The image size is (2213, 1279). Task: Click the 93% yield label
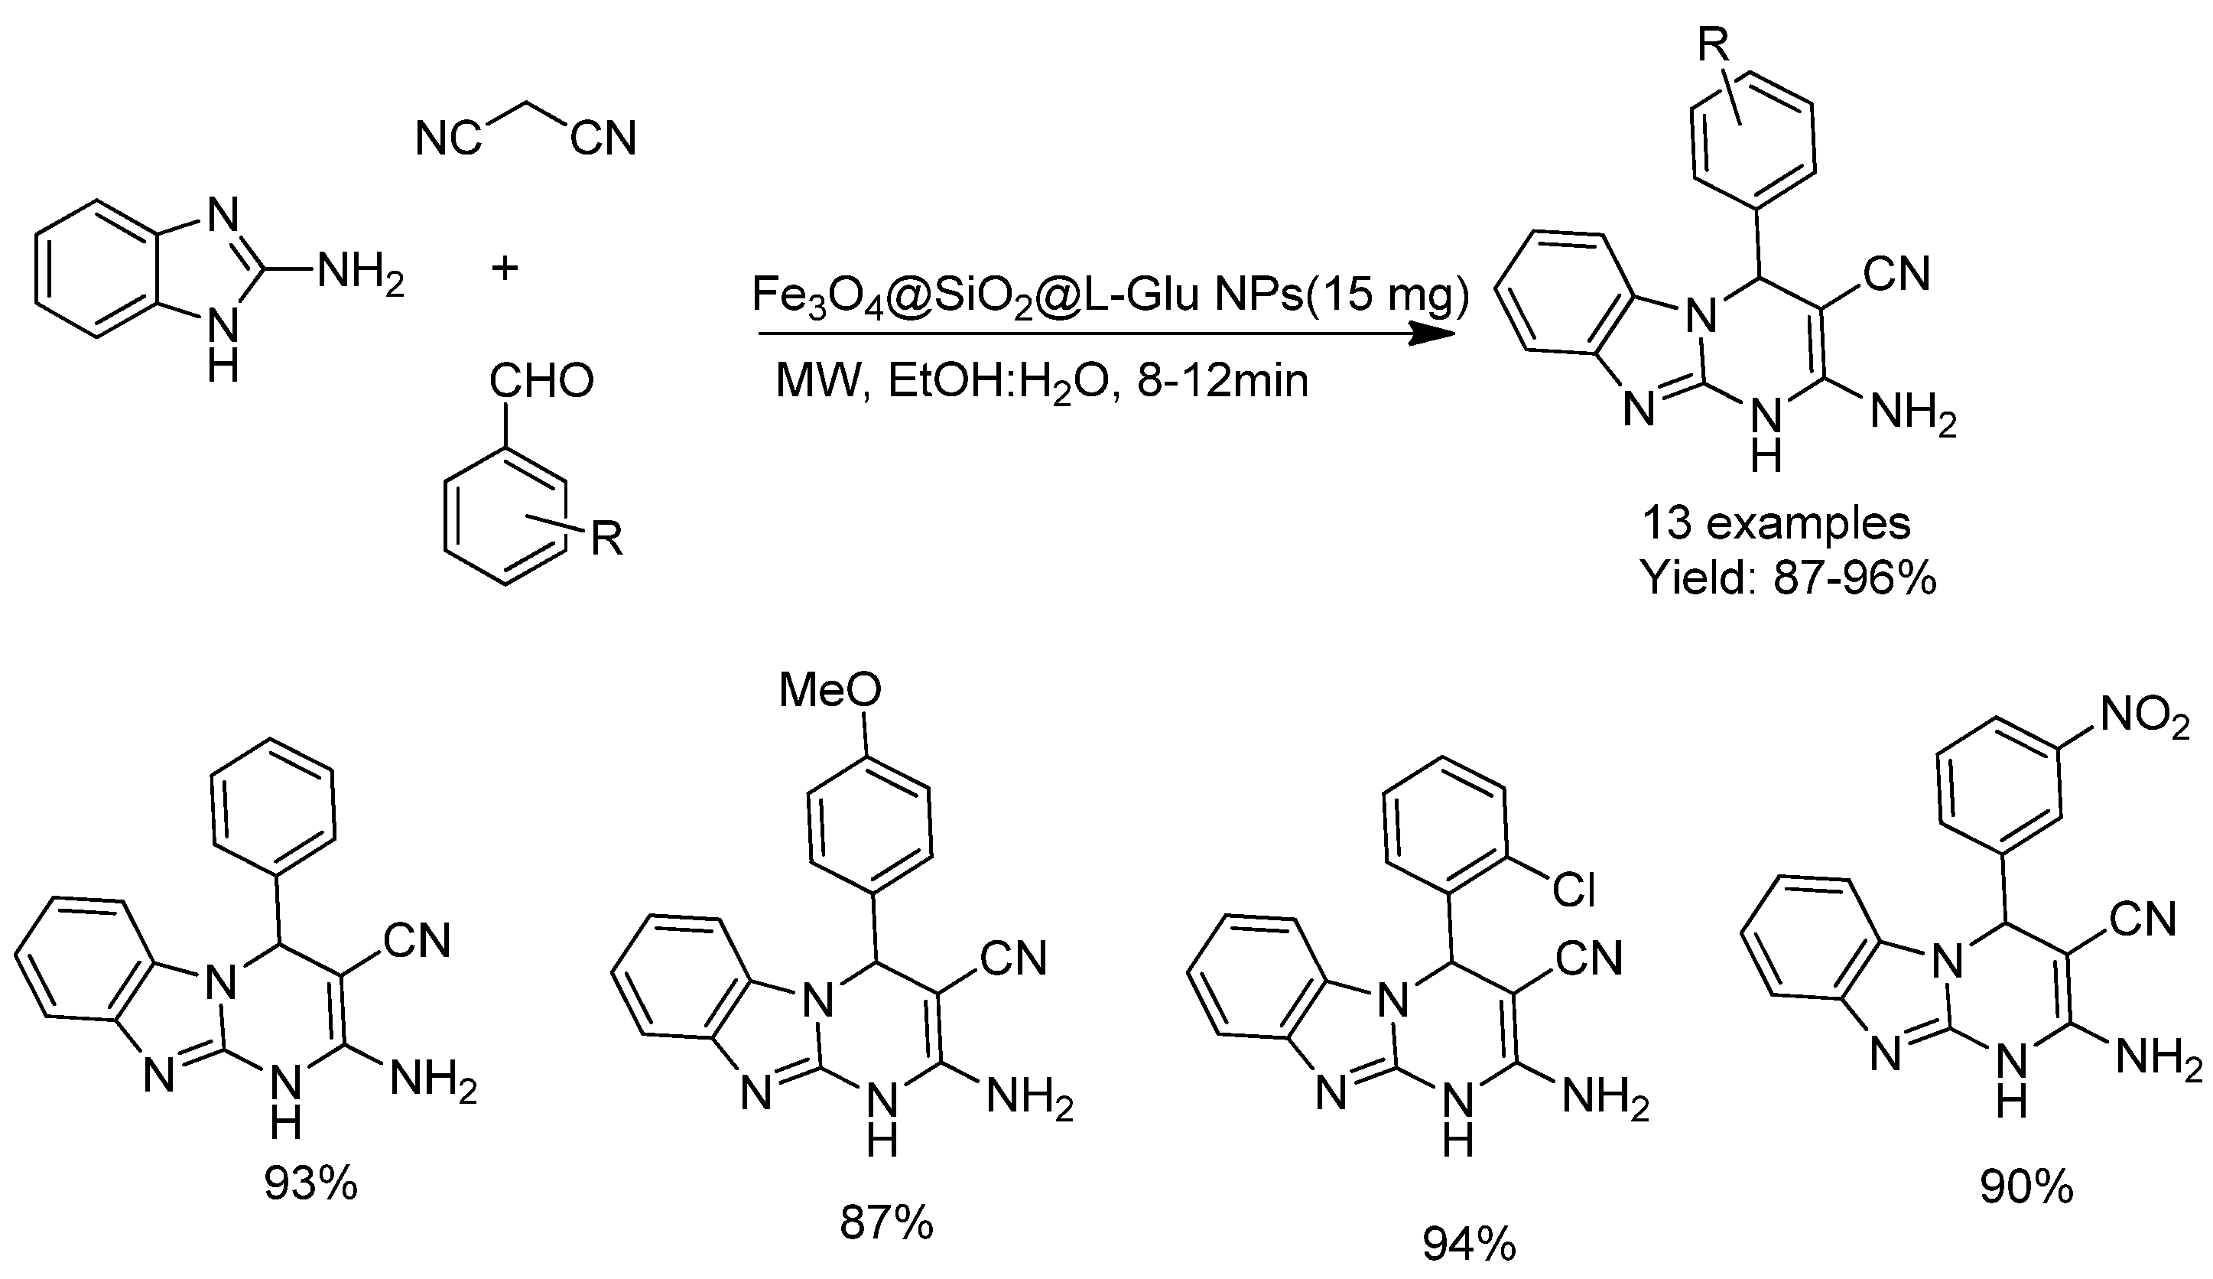(x=311, y=1184)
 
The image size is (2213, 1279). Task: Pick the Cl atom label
(x=1573, y=890)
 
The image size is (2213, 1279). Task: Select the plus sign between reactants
(x=504, y=267)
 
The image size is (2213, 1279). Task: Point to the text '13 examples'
(x=1776, y=523)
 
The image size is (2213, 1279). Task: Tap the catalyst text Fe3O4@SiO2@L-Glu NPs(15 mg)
(x=1110, y=296)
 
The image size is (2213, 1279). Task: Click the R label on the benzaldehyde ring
(x=606, y=539)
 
